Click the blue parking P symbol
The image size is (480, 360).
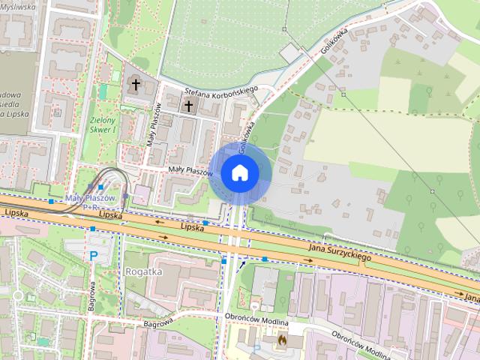(94, 256)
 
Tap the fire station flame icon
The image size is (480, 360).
(281, 340)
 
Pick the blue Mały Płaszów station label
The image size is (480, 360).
(90, 198)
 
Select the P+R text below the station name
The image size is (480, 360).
(91, 206)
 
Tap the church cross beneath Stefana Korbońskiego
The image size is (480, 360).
(187, 106)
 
